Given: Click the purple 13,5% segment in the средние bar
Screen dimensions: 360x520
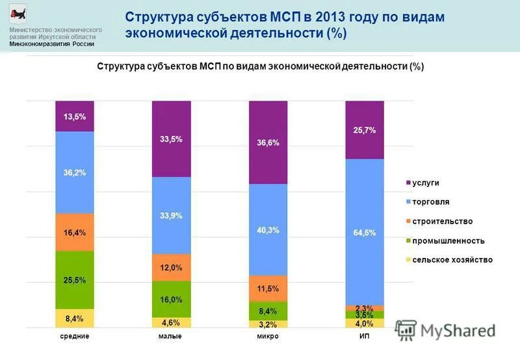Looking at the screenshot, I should (x=75, y=116).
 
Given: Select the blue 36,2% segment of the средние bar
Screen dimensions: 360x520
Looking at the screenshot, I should (x=75, y=173).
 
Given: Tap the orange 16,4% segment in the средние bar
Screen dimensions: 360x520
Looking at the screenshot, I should (x=75, y=232).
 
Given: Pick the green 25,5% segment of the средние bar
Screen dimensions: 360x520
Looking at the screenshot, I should (x=75, y=279).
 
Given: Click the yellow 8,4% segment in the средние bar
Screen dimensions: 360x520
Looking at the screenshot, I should (x=75, y=318).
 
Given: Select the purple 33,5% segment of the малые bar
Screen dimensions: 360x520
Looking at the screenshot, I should (x=171, y=139).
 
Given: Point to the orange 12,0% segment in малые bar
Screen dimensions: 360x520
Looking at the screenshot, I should (x=171, y=267).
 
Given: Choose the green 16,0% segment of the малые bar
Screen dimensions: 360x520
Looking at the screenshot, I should (x=171, y=299).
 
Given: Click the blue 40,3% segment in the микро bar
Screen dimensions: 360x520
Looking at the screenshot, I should (x=268, y=229).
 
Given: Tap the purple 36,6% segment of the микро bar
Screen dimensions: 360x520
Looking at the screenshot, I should (x=268, y=142).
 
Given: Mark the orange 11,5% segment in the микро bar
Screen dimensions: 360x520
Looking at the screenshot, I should (x=268, y=288).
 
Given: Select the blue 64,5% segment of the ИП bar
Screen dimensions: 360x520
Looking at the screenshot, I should (x=365, y=232).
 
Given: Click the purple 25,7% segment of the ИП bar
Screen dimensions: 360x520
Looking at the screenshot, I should (x=365, y=130).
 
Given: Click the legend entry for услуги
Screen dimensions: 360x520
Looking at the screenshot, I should (x=425, y=183).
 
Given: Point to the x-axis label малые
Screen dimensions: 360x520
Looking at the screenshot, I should (x=170, y=337).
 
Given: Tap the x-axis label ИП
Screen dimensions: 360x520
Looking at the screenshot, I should (x=364, y=337).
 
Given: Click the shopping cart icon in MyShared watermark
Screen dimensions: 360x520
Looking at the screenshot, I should (x=406, y=330).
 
